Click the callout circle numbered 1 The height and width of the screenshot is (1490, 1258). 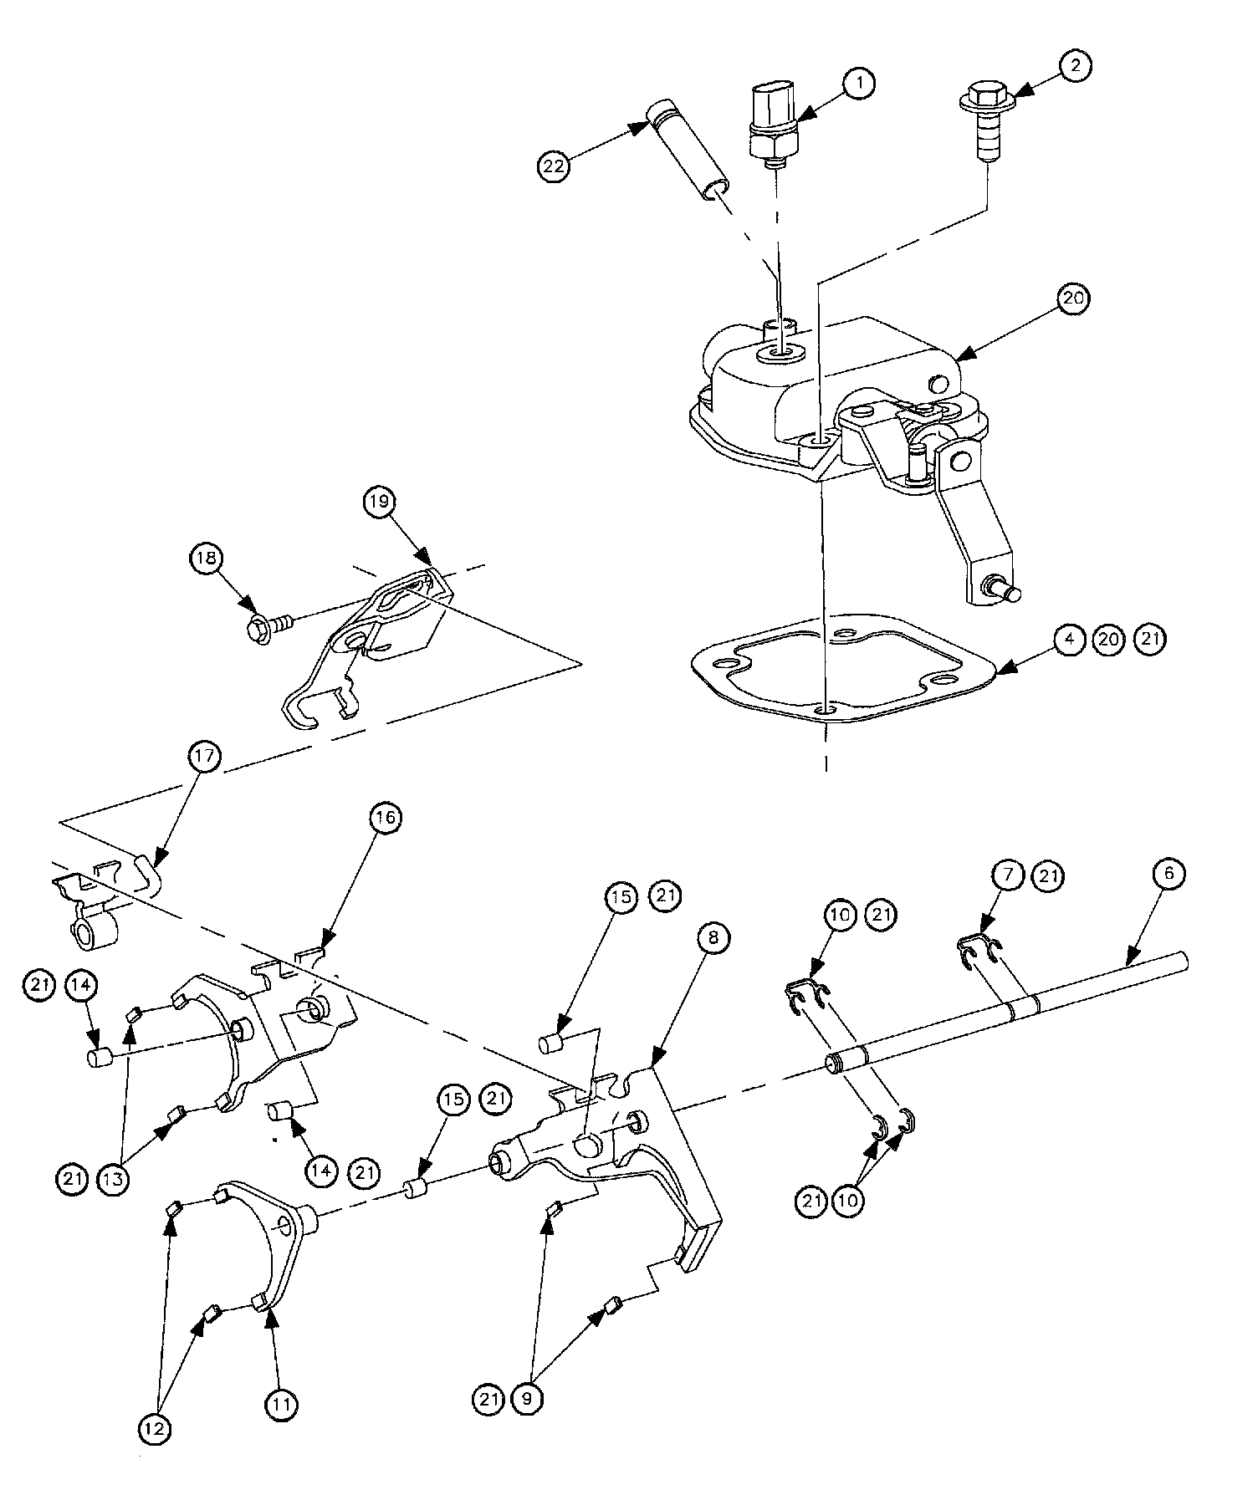pos(859,82)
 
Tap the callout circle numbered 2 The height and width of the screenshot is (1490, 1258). pos(1075,66)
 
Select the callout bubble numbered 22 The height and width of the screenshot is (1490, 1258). pos(553,166)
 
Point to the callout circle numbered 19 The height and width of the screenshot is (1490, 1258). pos(379,502)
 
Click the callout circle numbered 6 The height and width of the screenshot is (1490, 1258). pos(1169,874)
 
